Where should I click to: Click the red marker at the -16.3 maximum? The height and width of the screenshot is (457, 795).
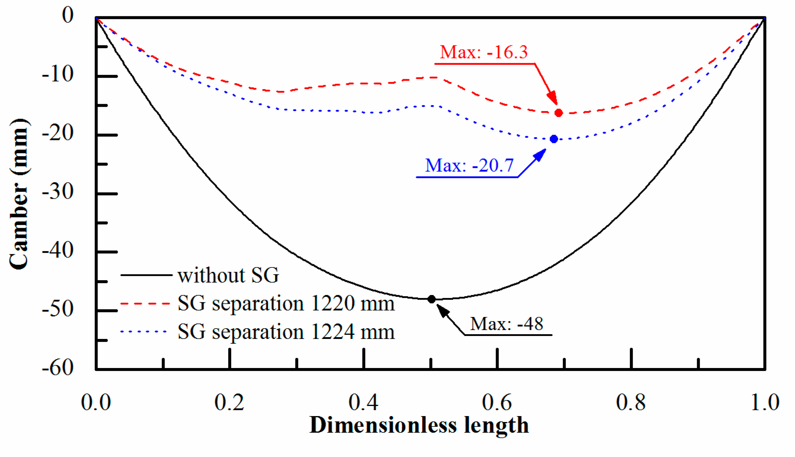[558, 113]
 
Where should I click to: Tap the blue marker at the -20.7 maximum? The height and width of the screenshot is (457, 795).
[554, 139]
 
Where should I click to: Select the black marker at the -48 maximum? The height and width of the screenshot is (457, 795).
[432, 299]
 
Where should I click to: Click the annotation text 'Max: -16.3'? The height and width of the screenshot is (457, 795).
[484, 52]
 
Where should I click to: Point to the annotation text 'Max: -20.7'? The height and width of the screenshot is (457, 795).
[469, 165]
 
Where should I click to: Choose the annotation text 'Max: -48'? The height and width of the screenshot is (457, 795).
[507, 324]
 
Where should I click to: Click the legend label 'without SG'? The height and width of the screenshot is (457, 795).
[228, 275]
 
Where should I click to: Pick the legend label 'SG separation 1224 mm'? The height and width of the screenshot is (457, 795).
[286, 332]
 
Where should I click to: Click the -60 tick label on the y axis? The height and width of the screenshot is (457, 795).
[58, 367]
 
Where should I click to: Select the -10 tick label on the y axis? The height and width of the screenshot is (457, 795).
[58, 75]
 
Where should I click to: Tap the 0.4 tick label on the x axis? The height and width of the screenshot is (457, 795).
[363, 402]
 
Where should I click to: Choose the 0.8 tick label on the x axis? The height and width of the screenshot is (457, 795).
[631, 402]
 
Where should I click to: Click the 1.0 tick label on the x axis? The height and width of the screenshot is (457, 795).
[764, 402]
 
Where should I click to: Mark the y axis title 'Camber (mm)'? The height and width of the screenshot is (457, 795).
[19, 194]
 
